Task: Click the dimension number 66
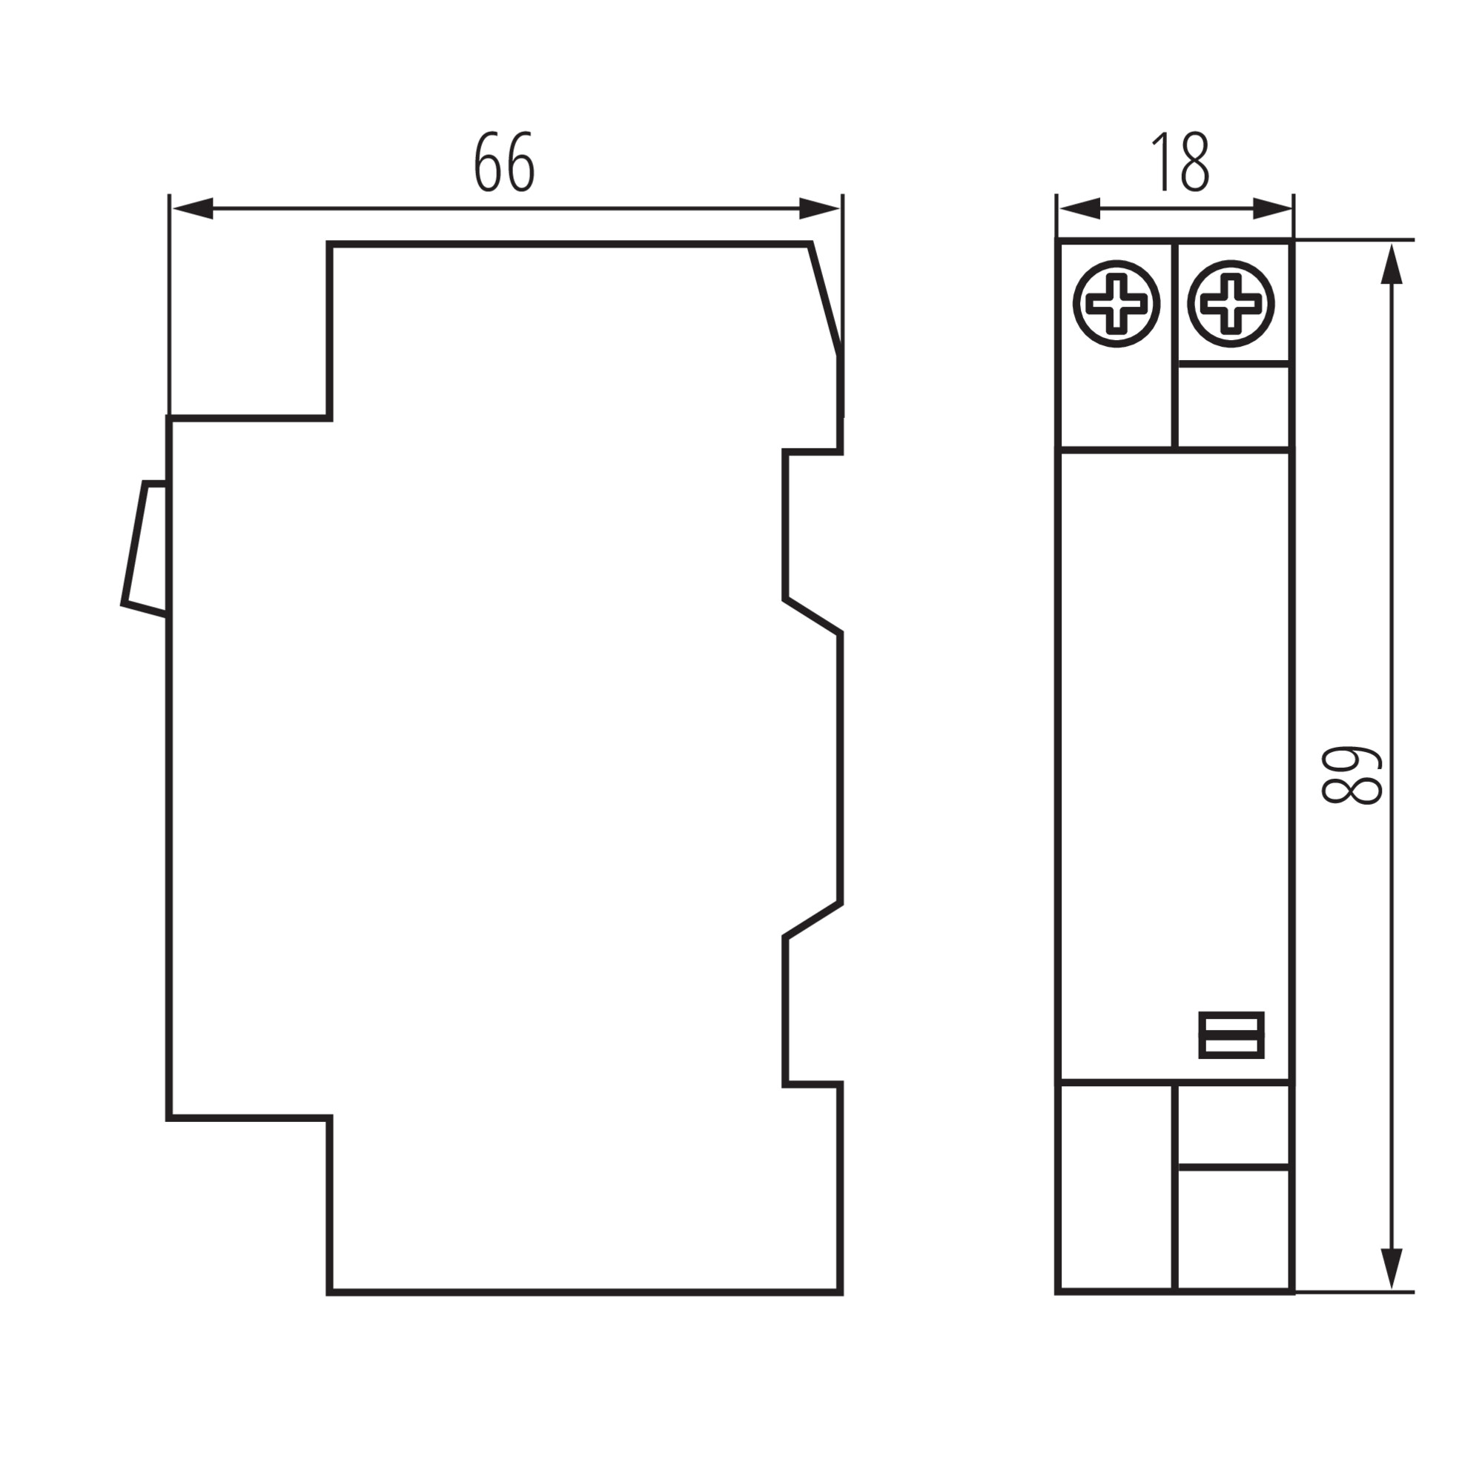tap(503, 162)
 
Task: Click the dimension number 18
tap(1180, 162)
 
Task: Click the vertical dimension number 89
tap(1352, 776)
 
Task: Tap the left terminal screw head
tap(1116, 304)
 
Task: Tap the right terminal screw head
tap(1231, 304)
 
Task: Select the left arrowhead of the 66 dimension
tap(193, 209)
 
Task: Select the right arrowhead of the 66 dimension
tap(819, 209)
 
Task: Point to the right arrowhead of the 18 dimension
tap(1273, 209)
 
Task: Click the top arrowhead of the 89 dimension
tap(1392, 264)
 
